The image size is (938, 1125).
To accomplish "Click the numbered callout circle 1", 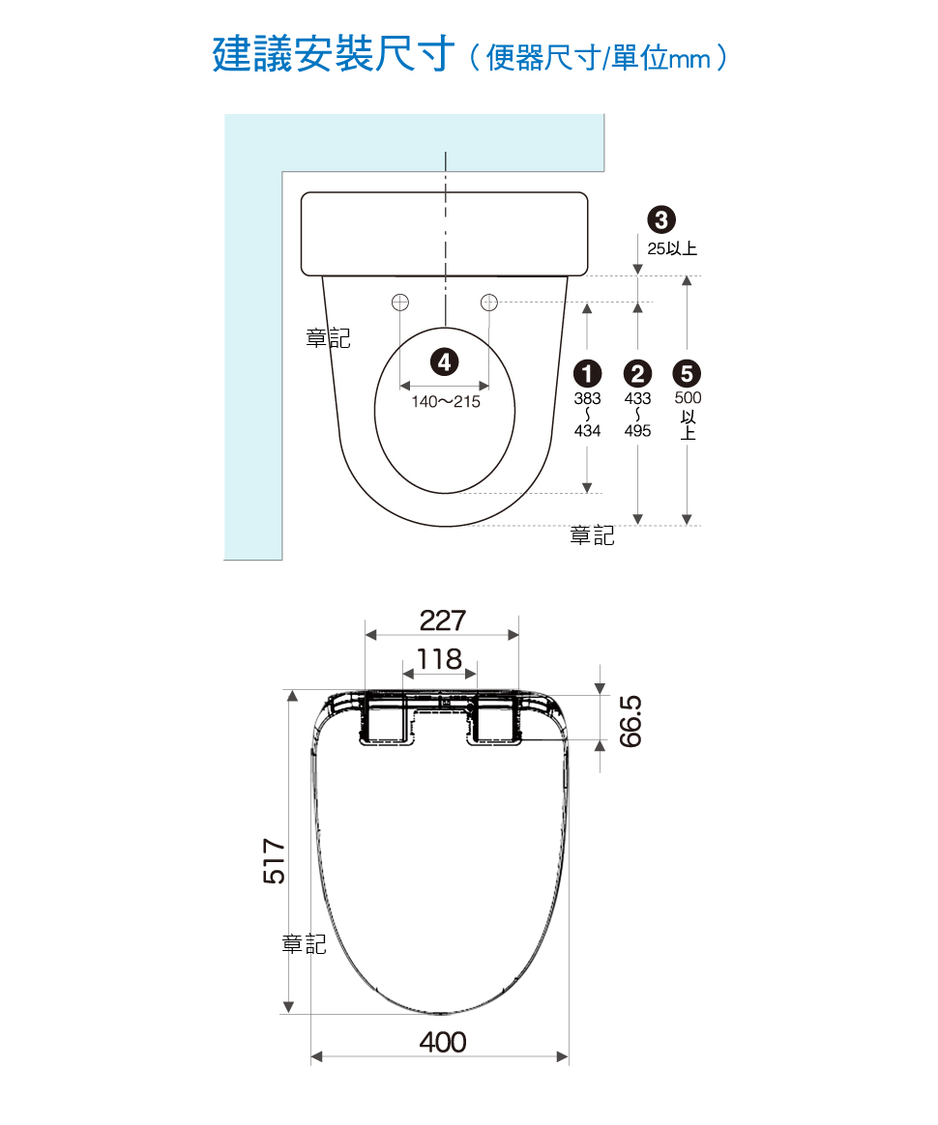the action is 587,373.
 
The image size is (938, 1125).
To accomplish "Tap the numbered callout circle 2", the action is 637,373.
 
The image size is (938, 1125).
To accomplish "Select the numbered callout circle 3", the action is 661,219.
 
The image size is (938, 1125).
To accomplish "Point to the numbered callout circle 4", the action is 444,361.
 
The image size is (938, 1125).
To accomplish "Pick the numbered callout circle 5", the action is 687,373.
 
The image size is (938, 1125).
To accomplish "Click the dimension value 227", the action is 443,620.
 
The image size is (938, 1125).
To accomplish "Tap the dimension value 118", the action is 439,658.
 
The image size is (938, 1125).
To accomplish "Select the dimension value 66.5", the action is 630,721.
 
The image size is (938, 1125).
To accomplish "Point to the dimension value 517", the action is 275,861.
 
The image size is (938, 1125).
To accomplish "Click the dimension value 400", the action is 443,1042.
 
